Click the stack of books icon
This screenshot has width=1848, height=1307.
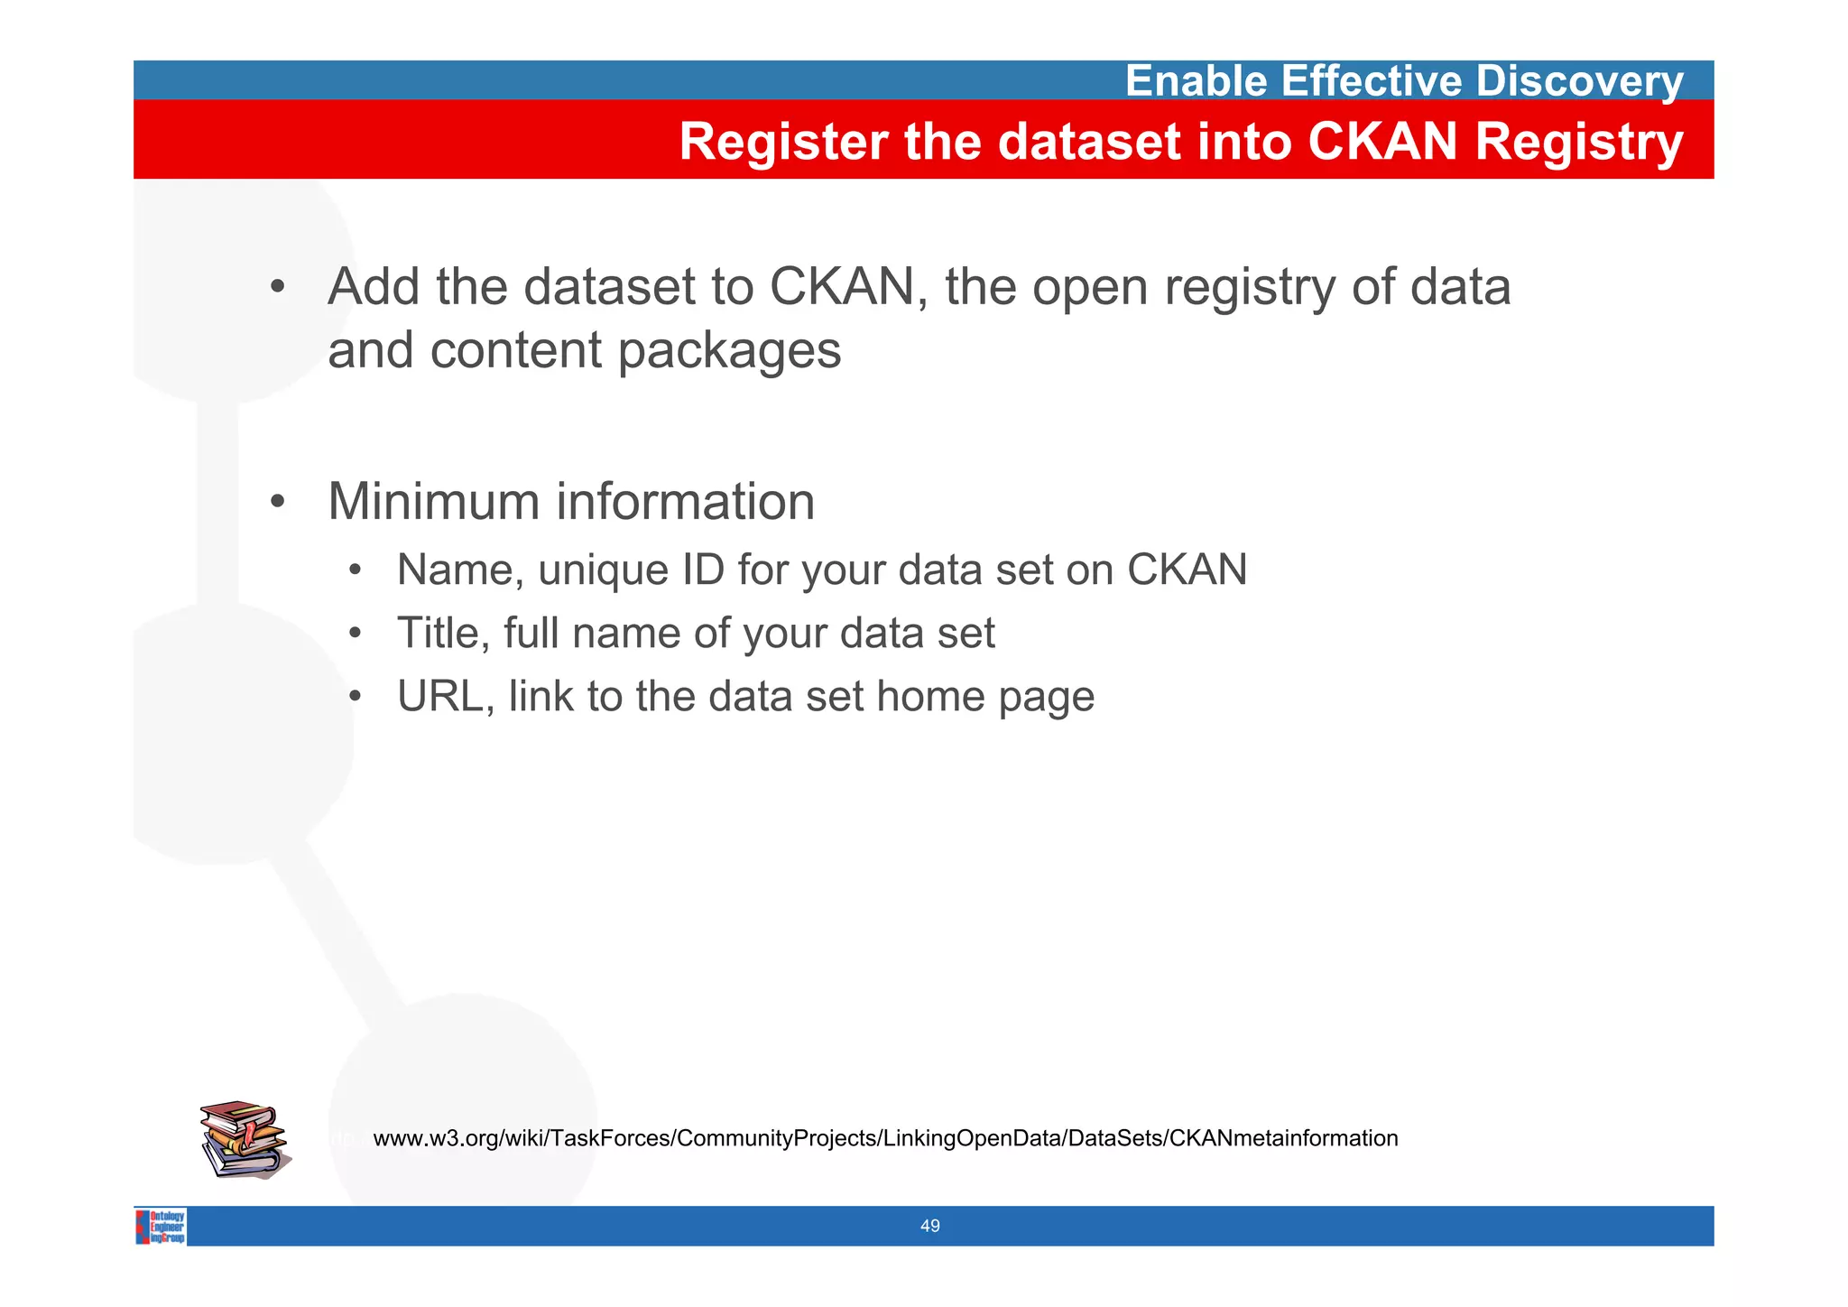(x=244, y=1139)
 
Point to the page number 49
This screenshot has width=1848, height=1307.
(x=929, y=1226)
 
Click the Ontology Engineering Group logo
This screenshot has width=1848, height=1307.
(x=162, y=1226)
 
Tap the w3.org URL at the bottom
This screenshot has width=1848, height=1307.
(x=884, y=1138)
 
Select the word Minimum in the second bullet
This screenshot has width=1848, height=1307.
(x=432, y=502)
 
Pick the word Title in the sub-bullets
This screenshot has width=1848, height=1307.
(x=442, y=633)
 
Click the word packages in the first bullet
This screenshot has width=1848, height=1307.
(x=729, y=351)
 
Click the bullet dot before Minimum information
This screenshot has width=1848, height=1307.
(x=278, y=502)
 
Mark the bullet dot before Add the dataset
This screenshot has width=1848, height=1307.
(x=278, y=288)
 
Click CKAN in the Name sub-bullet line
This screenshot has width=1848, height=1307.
(x=1187, y=570)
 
